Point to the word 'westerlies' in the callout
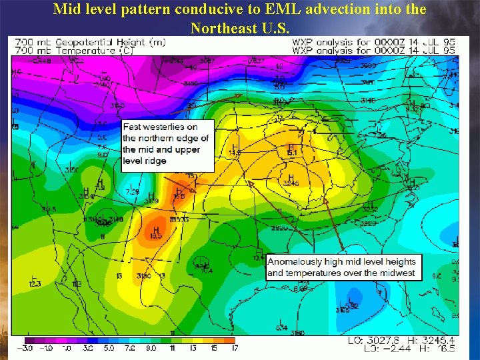point(164,127)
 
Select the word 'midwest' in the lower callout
point(396,273)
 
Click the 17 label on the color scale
point(235,348)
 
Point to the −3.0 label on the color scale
point(27,348)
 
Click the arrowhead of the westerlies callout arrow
point(243,96)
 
